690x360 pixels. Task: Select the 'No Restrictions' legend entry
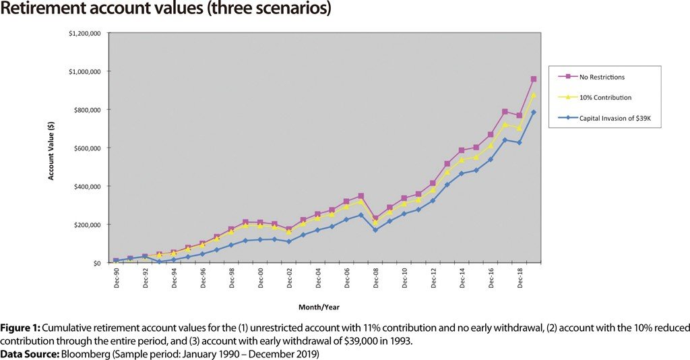click(597, 77)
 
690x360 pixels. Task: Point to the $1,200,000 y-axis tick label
click(84, 33)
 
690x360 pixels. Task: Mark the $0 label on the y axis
click(96, 263)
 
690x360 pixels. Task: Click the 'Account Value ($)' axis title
click(51, 148)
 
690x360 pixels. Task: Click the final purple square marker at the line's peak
click(533, 79)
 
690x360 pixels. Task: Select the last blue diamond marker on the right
click(533, 113)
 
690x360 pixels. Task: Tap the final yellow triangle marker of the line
click(533, 95)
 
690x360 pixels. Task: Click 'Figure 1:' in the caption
click(23, 327)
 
